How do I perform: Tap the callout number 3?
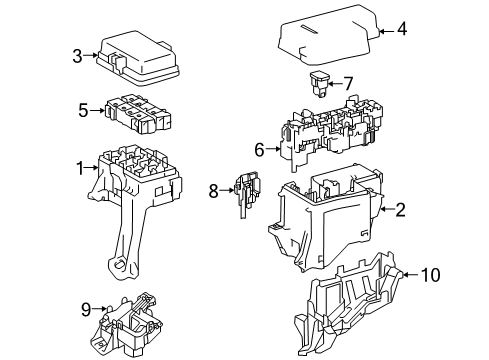[x=77, y=57]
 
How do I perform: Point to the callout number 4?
[x=401, y=30]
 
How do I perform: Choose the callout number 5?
[x=83, y=110]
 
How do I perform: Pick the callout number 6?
[x=259, y=150]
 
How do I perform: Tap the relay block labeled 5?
[x=134, y=115]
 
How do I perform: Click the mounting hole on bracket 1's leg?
[x=118, y=265]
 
